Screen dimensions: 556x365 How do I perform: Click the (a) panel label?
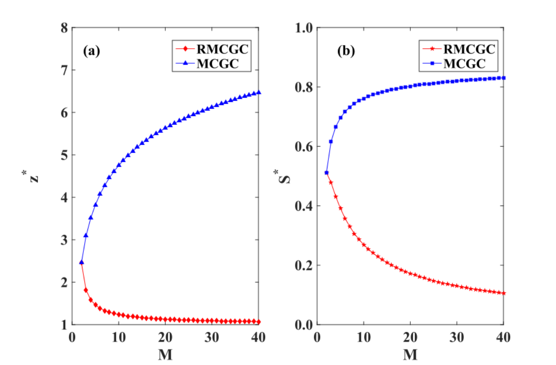click(92, 51)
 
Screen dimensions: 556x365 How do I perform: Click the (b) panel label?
click(346, 51)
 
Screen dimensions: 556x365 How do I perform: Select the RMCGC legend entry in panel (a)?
click(212, 49)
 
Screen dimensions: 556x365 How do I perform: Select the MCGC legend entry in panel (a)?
click(207, 64)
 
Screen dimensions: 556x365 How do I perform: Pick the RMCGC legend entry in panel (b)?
click(459, 49)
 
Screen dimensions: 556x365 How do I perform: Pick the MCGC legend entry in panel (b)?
click(454, 64)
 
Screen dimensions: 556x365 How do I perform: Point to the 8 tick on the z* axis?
click(64, 28)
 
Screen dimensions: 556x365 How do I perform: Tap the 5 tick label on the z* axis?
click(64, 155)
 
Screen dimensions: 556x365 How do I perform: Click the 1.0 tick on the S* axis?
click(304, 28)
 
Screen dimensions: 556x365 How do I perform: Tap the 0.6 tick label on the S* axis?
click(304, 146)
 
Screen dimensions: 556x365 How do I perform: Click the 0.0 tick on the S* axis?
click(304, 325)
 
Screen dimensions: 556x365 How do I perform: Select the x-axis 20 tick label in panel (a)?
click(165, 337)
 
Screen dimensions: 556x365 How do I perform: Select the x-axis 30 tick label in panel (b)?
click(457, 337)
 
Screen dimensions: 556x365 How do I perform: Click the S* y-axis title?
click(283, 177)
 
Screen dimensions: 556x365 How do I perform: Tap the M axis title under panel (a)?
click(165, 354)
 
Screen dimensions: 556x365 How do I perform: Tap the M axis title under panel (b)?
click(410, 354)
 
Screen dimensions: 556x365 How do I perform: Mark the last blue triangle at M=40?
click(258, 92)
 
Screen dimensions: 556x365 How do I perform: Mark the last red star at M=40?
click(503, 293)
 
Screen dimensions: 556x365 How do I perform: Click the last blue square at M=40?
click(504, 78)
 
